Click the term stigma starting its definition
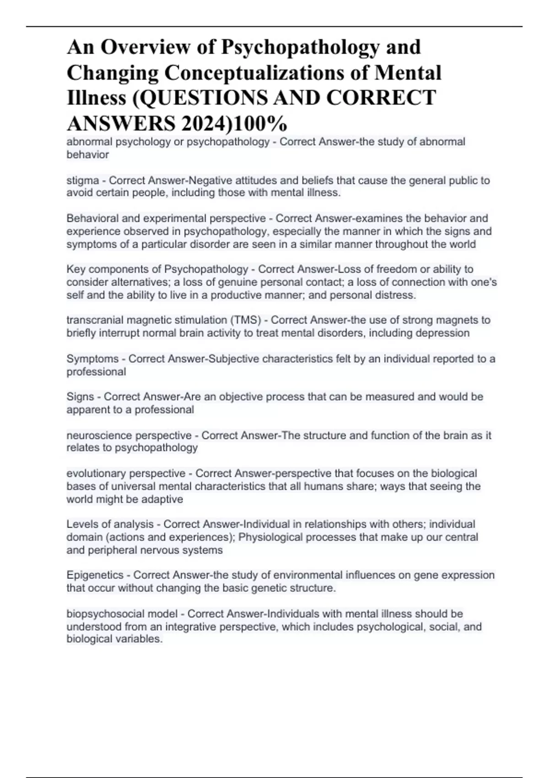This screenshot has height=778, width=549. [82, 181]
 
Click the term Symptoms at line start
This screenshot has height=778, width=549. [92, 359]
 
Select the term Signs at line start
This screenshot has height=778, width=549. [80, 397]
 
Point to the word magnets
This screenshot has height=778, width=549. [457, 320]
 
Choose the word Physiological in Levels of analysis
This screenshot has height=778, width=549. [270, 537]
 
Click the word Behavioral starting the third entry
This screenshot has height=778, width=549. [90, 218]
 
